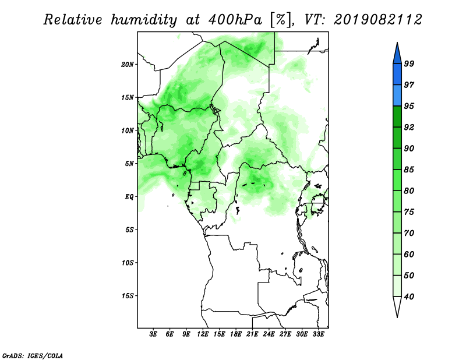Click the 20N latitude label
click(x=127, y=64)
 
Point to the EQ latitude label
click(x=129, y=197)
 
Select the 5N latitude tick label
click(x=129, y=164)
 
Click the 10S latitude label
click(x=127, y=263)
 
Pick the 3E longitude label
click(x=153, y=334)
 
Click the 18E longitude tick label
click(x=236, y=334)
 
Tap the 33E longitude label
click(x=318, y=334)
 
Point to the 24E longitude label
click(x=269, y=334)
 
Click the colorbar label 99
click(x=409, y=63)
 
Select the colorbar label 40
click(x=409, y=297)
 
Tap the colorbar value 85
click(x=409, y=170)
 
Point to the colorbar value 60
click(x=409, y=254)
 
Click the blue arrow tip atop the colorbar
click(x=397, y=43)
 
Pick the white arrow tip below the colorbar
click(x=397, y=317)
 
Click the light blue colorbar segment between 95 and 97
click(x=397, y=96)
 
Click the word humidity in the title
click(x=144, y=20)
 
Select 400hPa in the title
click(x=235, y=20)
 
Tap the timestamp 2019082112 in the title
click(x=377, y=20)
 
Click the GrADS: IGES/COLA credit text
click(x=33, y=355)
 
